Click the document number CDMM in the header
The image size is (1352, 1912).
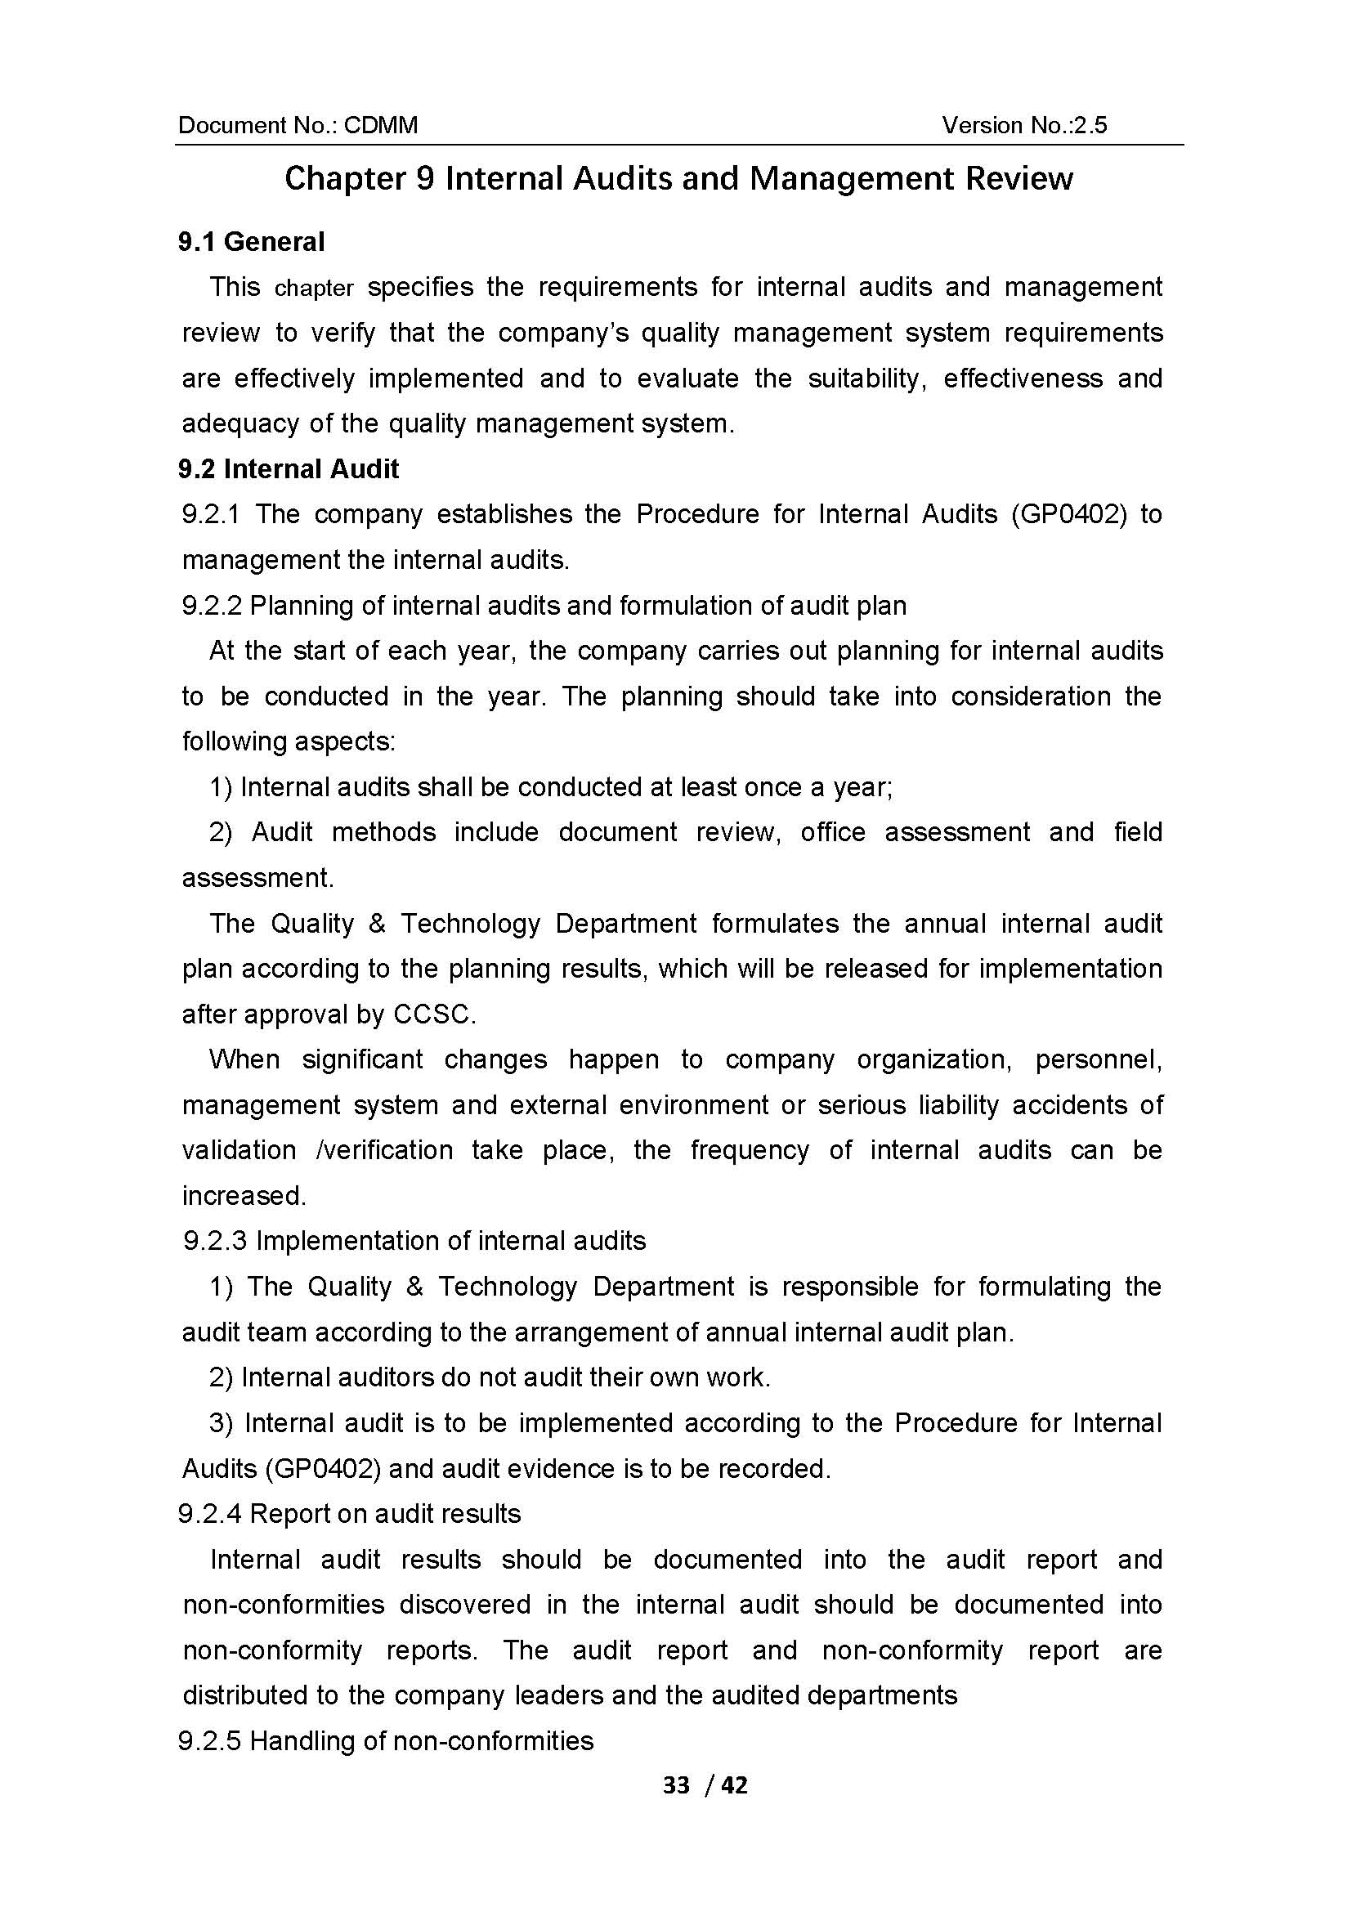[380, 126]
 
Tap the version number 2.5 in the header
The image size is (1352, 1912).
[1090, 126]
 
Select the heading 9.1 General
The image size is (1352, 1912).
[252, 242]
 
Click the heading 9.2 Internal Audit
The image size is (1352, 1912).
[288, 470]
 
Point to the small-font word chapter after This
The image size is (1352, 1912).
[314, 289]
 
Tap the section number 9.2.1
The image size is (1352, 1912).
[211, 515]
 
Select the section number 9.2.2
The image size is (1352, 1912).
[211, 606]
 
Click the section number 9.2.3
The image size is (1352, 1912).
[215, 1242]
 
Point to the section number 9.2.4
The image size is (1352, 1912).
[210, 1514]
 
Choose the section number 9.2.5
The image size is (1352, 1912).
[210, 1741]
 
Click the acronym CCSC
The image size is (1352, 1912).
[433, 1015]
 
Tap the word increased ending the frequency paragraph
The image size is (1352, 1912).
[243, 1197]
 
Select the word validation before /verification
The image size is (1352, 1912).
[239, 1151]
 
